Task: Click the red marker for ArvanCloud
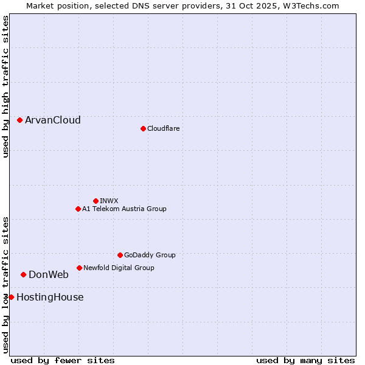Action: (20, 120)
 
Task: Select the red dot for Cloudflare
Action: (143, 128)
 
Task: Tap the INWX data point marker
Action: (96, 201)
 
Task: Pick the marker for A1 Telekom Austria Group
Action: (78, 209)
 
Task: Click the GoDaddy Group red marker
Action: (120, 255)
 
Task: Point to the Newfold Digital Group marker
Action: (79, 268)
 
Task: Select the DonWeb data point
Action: (24, 274)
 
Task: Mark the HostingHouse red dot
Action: (11, 297)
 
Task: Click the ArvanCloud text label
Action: (53, 120)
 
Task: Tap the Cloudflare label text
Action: (163, 128)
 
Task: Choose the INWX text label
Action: (109, 201)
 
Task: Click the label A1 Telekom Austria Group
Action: (124, 209)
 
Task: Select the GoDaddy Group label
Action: (150, 255)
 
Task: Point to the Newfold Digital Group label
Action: (119, 268)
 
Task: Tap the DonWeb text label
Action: (49, 274)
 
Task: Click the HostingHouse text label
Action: (50, 297)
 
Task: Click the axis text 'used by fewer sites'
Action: (63, 360)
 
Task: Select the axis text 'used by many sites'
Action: (305, 360)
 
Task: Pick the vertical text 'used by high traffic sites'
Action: (5, 86)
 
